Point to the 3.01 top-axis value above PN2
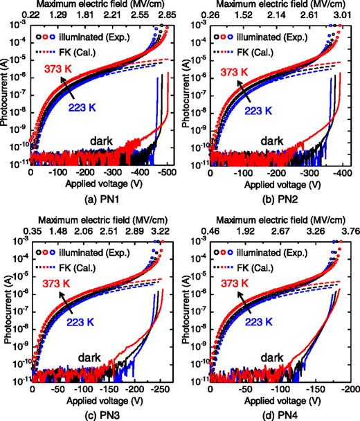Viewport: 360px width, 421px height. (x=344, y=15)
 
